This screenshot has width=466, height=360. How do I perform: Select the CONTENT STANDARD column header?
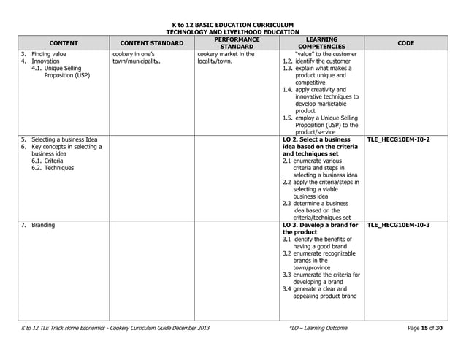tap(152, 43)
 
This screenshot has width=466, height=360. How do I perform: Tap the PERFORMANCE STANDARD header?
tap(237, 43)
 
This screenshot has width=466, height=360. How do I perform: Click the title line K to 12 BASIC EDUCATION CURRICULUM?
tap(233, 24)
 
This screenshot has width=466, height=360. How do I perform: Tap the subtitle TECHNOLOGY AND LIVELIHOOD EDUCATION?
tap(233, 32)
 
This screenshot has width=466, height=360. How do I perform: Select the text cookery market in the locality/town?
tap(226, 58)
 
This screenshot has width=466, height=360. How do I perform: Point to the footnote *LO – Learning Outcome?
tap(318, 328)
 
